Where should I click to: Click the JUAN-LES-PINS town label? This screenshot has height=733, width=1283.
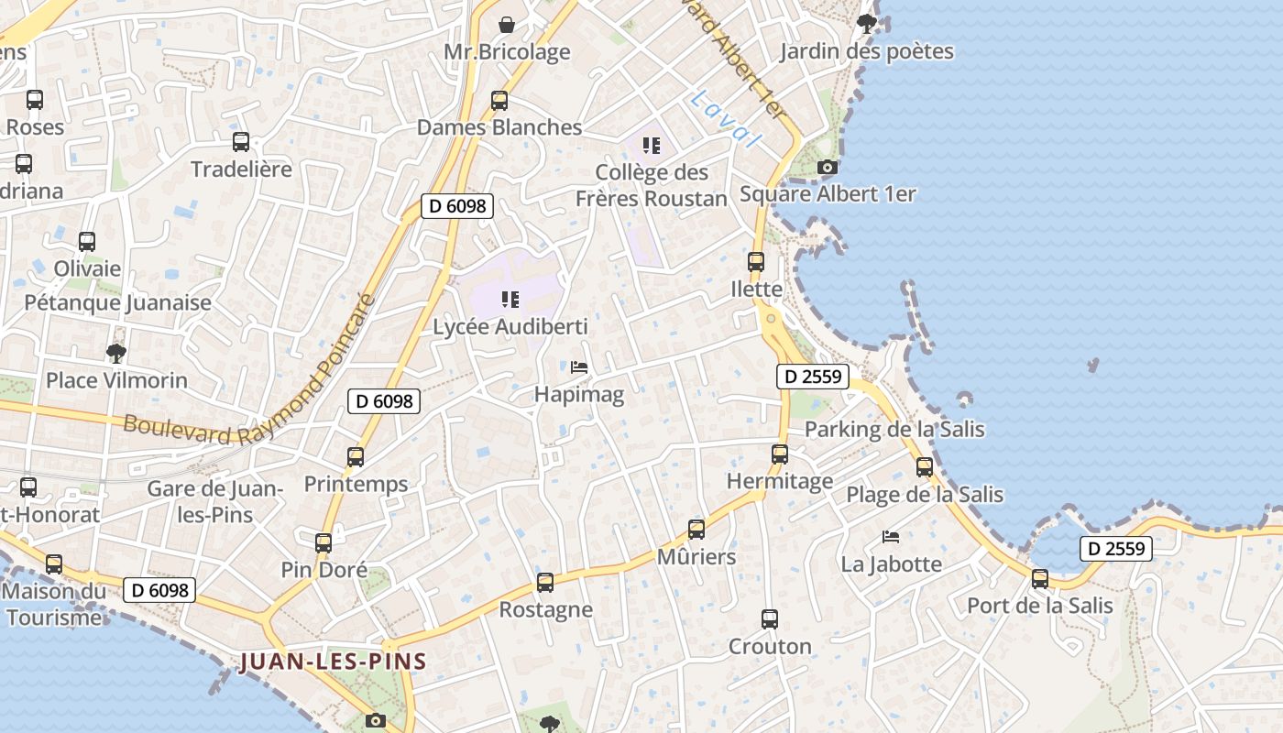pos(334,662)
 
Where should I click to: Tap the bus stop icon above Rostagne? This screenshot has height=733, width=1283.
pos(545,583)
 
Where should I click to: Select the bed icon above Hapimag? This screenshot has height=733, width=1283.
pos(579,367)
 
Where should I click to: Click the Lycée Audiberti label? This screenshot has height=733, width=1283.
pos(510,327)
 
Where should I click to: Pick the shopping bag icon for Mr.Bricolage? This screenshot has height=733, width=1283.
pos(507,25)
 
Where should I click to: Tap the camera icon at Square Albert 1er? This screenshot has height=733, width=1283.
pos(828,167)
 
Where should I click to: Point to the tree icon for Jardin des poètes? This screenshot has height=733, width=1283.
pos(866,24)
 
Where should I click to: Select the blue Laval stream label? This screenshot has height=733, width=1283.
pos(726,118)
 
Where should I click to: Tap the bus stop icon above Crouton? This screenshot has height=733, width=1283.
pos(770,619)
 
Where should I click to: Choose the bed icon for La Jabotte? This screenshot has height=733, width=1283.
pos(891,536)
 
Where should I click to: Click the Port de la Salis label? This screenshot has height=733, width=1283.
pos(1040,606)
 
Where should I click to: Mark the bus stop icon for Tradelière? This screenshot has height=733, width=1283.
pos(241,142)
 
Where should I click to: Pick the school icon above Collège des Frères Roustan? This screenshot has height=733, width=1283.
pos(652,145)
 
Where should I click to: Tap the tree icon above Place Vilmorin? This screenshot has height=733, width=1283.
pos(115,353)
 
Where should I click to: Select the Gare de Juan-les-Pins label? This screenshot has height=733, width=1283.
pos(215,501)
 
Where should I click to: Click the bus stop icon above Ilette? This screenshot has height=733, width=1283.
pos(756,262)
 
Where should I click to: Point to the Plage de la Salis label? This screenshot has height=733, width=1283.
pos(925,495)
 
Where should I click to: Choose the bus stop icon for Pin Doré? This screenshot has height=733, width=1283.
pos(323,542)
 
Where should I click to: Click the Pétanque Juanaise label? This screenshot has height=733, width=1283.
pos(118,302)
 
